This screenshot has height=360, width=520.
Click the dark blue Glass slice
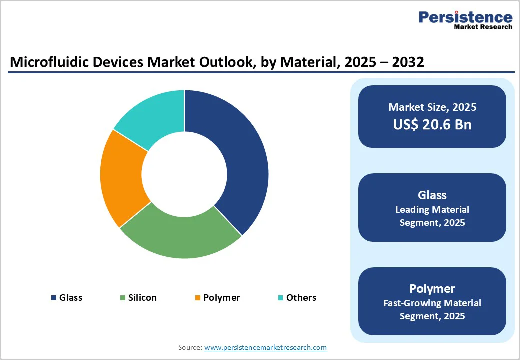[235, 160]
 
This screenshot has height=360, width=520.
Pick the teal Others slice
[152, 117]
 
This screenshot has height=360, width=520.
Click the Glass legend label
[71, 298]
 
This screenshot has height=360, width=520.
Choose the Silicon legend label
[142, 298]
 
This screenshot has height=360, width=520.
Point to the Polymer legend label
[221, 298]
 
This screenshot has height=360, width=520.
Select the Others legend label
[301, 298]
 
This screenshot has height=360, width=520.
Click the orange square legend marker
[198, 298]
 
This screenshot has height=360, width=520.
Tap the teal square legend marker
[281, 298]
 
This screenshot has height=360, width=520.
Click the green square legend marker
[123, 298]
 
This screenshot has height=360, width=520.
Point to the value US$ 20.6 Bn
[432, 124]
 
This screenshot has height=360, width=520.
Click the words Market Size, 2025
[432, 107]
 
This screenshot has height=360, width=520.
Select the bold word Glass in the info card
[432, 195]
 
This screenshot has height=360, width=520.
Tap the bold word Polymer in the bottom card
[432, 289]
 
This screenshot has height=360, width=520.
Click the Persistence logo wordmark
[465, 17]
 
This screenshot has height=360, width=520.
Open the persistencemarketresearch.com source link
[265, 347]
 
